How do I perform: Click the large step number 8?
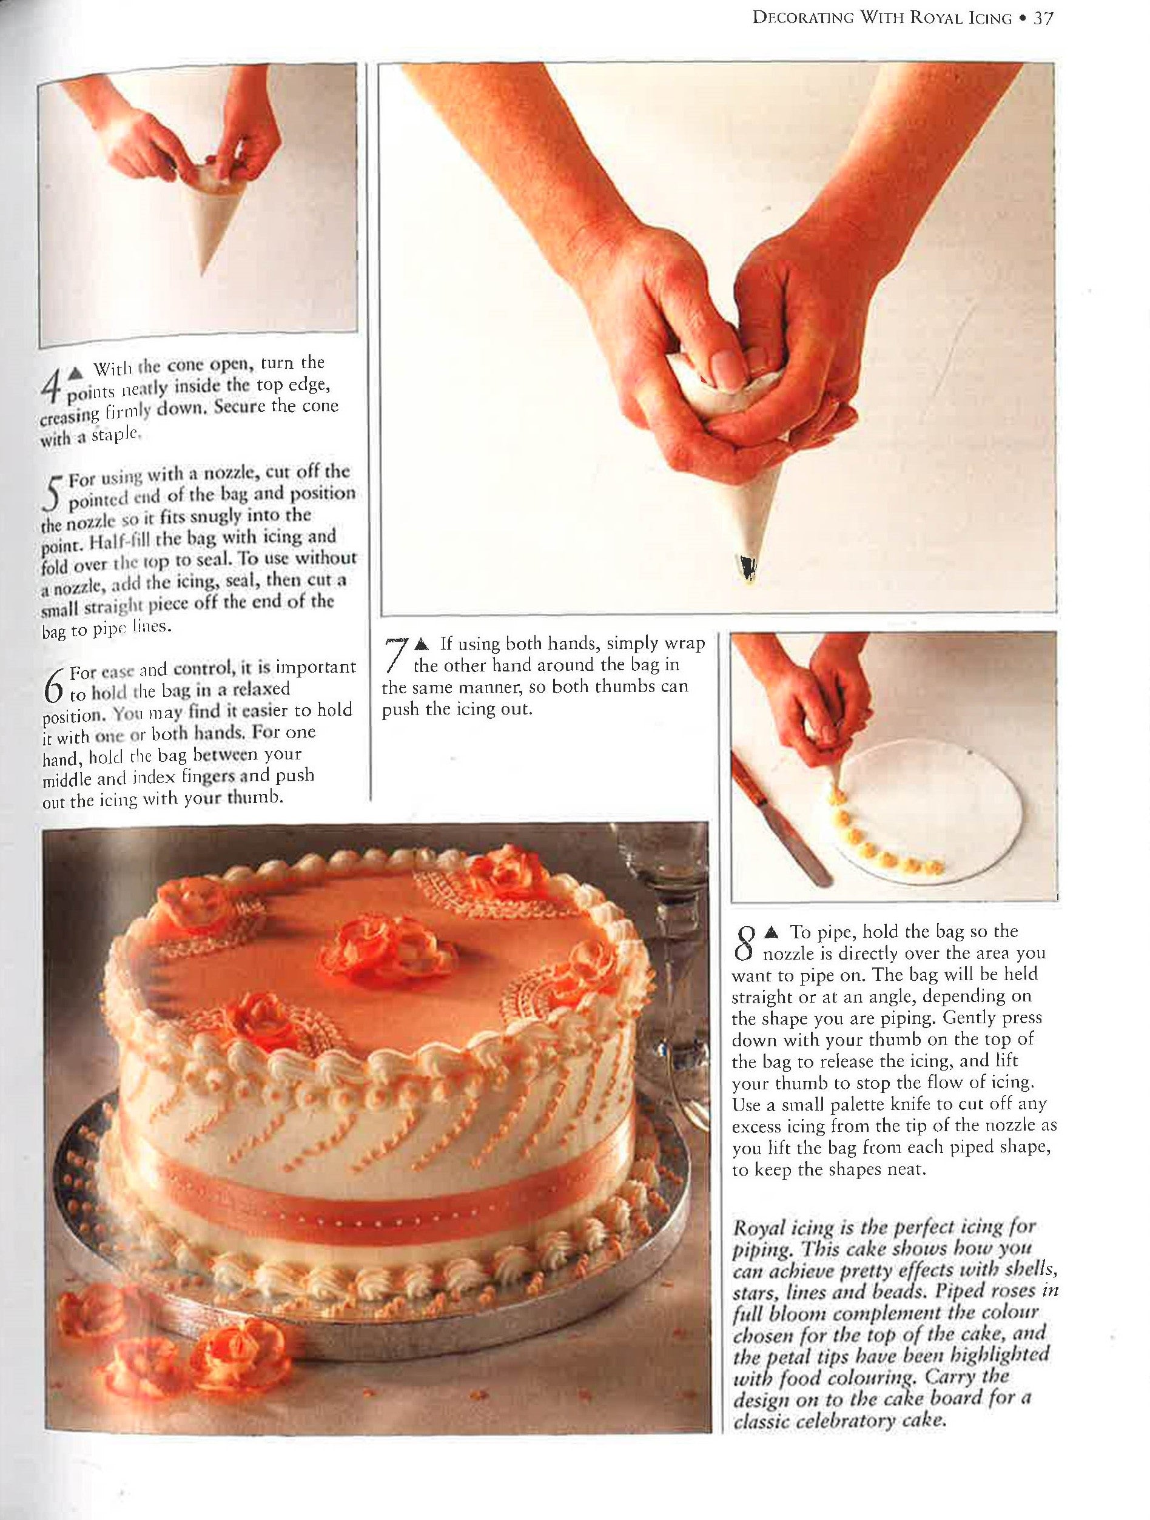pyautogui.click(x=745, y=944)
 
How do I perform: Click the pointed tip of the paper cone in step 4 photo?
pyautogui.click(x=203, y=273)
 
